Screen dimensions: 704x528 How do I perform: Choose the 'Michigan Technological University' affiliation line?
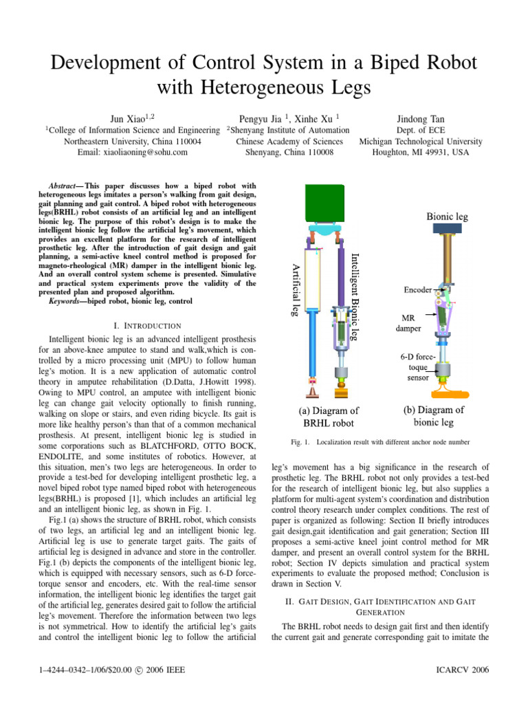tap(420, 142)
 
